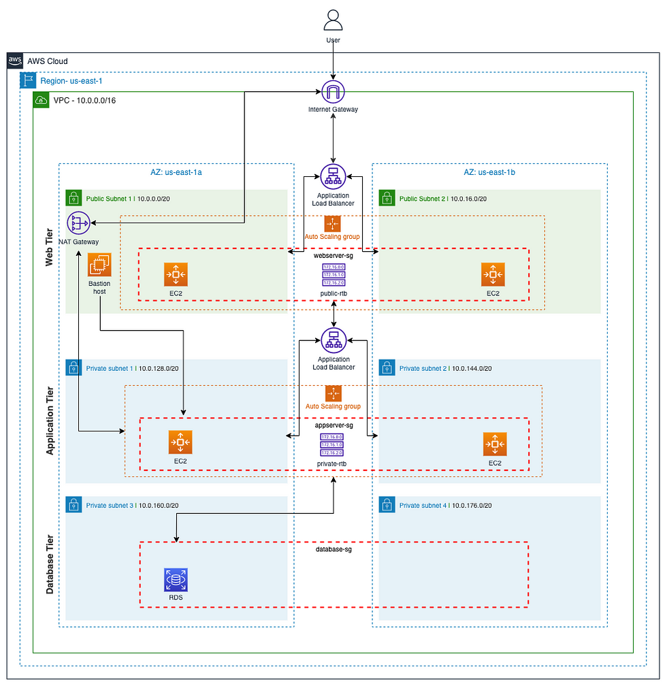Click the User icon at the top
pyautogui.click(x=333, y=20)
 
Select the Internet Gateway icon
pyautogui.click(x=333, y=91)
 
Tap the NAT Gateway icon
pyautogui.click(x=80, y=223)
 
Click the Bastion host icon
pyautogui.click(x=99, y=264)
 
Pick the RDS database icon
pyautogui.click(x=176, y=580)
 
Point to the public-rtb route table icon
pyautogui.click(x=333, y=276)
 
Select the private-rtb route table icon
pyautogui.click(x=333, y=444)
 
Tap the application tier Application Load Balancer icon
pyautogui.click(x=333, y=340)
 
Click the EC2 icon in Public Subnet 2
pyautogui.click(x=493, y=274)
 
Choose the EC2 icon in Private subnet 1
pyautogui.click(x=180, y=442)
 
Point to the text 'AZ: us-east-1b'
pyautogui.click(x=489, y=173)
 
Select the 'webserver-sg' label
pyautogui.click(x=333, y=256)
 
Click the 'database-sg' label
pyautogui.click(x=333, y=548)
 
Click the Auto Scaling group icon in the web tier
pyautogui.click(x=333, y=224)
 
